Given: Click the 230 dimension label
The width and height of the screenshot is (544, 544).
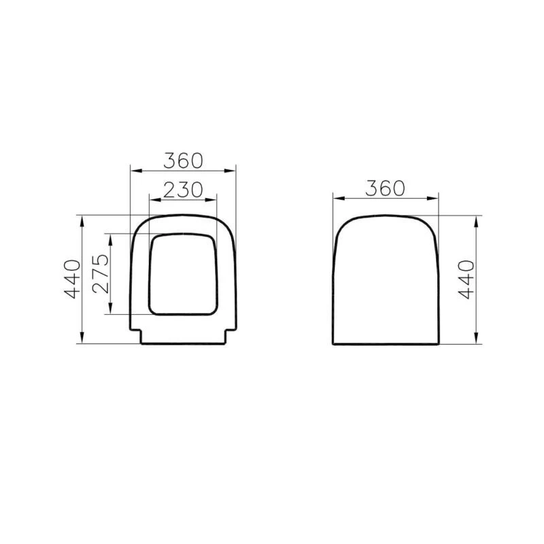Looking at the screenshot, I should tap(182, 190).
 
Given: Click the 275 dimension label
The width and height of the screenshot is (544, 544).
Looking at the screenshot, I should tap(101, 273).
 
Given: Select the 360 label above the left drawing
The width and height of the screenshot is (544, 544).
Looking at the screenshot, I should tap(182, 160).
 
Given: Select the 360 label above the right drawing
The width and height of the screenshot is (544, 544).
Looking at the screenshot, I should tap(385, 188).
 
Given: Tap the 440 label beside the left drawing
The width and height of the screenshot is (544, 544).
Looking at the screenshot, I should tap(73, 279).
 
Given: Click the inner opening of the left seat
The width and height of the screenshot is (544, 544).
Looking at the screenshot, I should tap(183, 275).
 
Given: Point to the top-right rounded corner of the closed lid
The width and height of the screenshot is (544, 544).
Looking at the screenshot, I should tap(428, 226).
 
